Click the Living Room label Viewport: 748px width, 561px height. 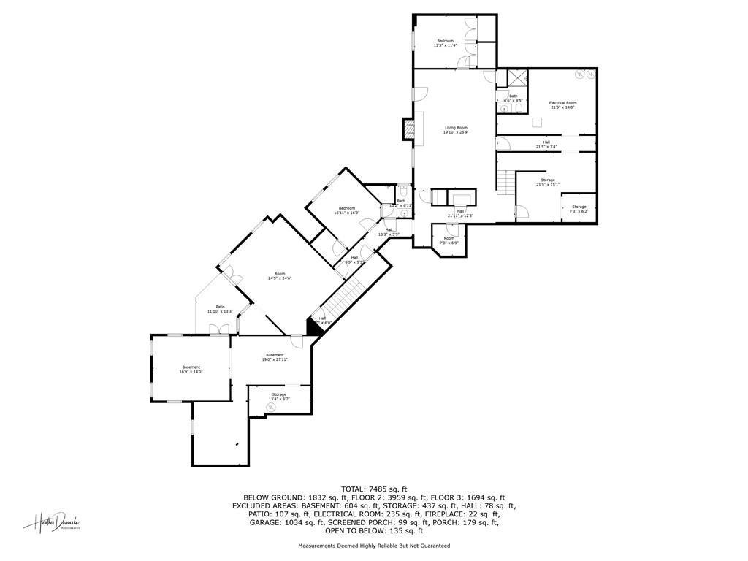click(456, 130)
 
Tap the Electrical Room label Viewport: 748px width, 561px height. click(562, 104)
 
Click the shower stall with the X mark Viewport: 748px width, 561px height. click(517, 78)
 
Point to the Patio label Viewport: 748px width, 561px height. click(220, 309)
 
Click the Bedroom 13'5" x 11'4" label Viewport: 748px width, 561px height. click(445, 43)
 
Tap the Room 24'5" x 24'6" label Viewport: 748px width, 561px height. click(280, 276)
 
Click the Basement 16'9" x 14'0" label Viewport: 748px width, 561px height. click(191, 369)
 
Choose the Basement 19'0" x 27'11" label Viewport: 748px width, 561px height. click(275, 357)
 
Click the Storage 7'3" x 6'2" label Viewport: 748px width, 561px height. click(579, 209)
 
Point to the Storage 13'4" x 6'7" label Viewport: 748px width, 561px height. click(279, 397)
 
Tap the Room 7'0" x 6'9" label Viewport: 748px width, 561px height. click(449, 240)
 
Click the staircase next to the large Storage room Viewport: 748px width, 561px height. click(505, 182)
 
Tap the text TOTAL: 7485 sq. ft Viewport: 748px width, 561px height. click(374, 489)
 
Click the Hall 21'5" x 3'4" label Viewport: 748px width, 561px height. click(546, 144)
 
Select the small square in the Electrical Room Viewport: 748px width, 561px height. click(537, 122)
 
